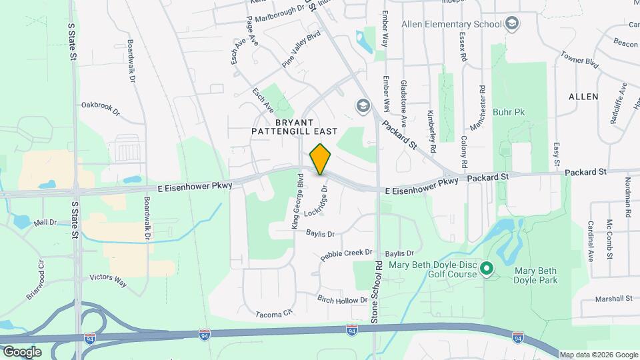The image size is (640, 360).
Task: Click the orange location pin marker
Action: (321, 159)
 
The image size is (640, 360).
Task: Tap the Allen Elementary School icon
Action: (512, 25)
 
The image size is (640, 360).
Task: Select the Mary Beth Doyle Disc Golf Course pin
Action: (486, 269)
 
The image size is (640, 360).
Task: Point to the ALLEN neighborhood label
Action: (583, 97)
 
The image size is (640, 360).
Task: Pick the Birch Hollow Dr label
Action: (342, 300)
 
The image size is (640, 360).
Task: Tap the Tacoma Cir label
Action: (274, 313)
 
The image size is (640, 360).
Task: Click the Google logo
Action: (21, 351)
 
